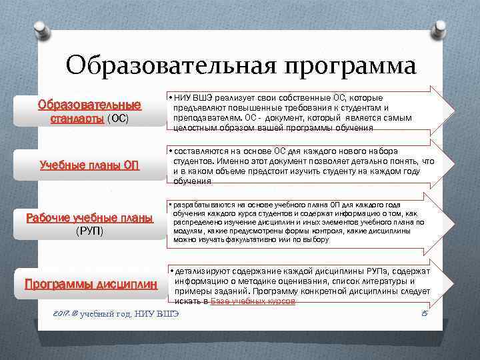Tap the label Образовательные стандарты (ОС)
[x=89, y=111]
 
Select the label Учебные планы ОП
[x=89, y=165]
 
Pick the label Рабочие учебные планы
[x=89, y=217]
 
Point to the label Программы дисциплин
[x=91, y=283]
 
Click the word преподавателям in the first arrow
[x=204, y=117]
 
